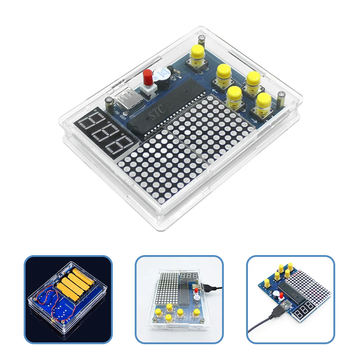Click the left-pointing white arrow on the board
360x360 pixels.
point(215,90)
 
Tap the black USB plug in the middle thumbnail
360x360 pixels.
point(208,286)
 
